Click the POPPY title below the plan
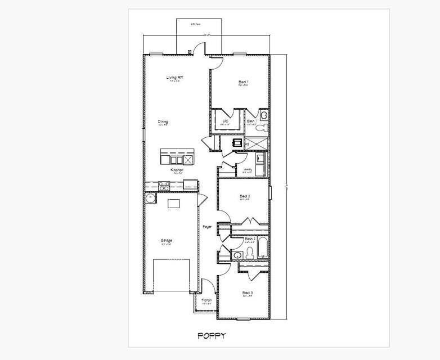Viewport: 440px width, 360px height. click(212, 336)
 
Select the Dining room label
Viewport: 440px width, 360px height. click(163, 121)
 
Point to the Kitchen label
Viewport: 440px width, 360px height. click(177, 170)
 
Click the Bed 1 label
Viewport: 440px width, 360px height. click(243, 82)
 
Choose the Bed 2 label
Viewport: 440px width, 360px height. click(245, 196)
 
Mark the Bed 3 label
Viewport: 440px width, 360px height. click(247, 292)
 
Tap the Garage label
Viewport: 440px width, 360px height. click(166, 241)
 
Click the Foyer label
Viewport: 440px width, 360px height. click(207, 227)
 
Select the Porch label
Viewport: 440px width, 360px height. click(206, 300)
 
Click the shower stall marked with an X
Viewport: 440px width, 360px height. click(259, 143)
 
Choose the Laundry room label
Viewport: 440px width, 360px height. click(247, 169)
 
